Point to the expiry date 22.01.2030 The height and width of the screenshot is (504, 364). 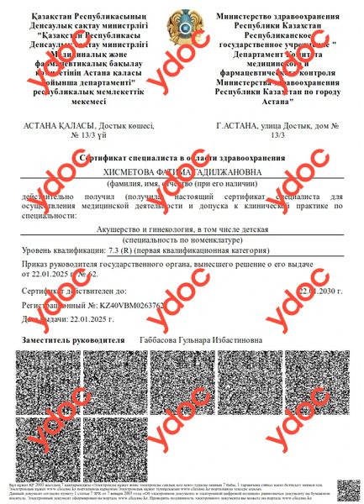[319, 291]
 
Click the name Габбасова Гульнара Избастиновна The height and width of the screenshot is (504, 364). [201, 340]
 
